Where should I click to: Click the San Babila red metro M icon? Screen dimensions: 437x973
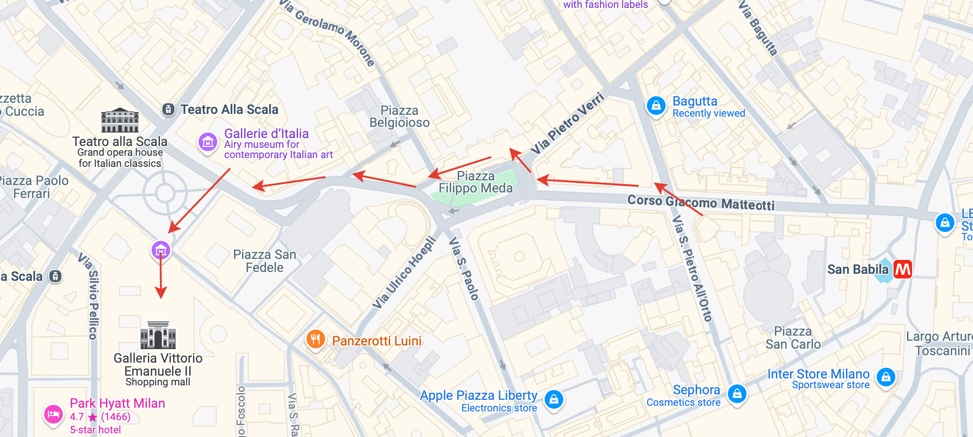902,269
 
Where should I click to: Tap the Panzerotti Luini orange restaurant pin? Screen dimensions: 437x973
315,339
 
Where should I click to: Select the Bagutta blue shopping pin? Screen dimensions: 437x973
656,106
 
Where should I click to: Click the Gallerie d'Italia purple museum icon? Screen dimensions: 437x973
207,142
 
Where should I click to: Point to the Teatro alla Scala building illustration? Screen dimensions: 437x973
120,121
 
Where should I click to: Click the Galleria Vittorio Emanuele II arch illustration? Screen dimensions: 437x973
158,335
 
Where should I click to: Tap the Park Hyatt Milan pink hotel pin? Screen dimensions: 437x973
53,414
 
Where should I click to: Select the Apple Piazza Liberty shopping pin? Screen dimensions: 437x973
553,399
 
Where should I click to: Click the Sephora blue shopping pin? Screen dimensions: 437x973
737,394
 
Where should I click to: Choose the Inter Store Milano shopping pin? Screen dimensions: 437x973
886,377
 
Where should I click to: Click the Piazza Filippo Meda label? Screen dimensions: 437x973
475,182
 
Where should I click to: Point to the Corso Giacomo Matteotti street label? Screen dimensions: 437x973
700,203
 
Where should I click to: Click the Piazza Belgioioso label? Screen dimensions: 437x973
399,117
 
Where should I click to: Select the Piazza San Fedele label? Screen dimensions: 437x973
264,261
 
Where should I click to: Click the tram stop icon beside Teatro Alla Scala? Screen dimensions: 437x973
168,110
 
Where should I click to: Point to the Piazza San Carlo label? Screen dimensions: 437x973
793,338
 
